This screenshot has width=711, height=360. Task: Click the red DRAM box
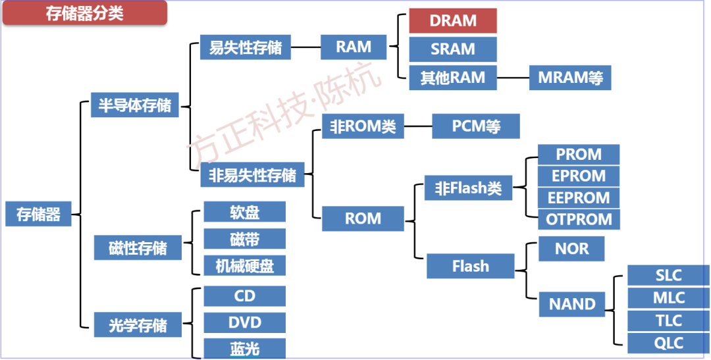[452, 21]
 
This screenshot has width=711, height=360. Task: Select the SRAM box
[452, 49]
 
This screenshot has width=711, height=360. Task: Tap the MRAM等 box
[570, 78]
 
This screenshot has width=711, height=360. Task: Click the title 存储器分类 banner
[84, 14]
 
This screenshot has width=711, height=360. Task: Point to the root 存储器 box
[38, 214]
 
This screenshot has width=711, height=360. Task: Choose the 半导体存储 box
[134, 105]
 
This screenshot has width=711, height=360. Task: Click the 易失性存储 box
[245, 47]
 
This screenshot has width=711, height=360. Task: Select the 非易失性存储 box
[252, 175]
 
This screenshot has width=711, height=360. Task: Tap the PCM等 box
[476, 126]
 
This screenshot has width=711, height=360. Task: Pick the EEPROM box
[579, 197]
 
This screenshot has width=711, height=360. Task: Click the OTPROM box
[579, 219]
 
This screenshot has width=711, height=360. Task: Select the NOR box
[571, 249]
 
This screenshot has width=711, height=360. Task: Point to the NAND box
[571, 304]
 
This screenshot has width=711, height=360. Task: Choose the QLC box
[668, 343]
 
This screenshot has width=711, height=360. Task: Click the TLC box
[668, 321]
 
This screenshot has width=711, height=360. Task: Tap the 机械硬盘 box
[244, 265]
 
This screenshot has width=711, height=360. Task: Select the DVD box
[244, 322]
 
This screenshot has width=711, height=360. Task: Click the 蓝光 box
[244, 349]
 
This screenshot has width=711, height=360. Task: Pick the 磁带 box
[244, 238]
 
